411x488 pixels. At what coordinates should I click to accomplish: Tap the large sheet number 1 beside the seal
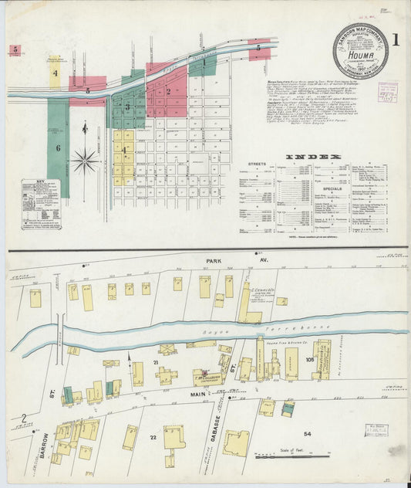tap(396, 39)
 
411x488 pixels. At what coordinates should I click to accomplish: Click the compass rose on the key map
tap(85, 161)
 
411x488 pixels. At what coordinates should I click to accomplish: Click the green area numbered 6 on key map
tap(57, 146)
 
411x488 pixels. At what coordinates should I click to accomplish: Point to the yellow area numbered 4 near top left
tap(55, 72)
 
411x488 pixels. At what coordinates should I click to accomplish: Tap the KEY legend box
tap(41, 203)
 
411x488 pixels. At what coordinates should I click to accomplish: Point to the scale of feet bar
tap(292, 456)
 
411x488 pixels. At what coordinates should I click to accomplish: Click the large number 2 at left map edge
tap(23, 419)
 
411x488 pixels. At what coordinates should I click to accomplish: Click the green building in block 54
tap(288, 408)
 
